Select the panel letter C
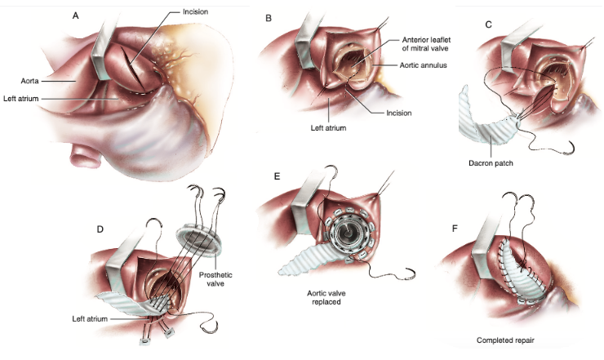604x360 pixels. click(489, 24)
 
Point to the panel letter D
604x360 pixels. click(100, 228)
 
